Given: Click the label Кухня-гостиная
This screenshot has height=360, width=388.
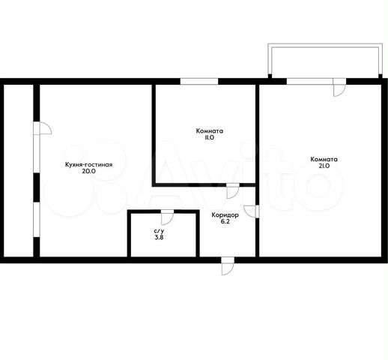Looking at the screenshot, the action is click(x=88, y=165).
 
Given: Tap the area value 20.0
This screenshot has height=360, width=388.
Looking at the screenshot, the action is click(x=88, y=171).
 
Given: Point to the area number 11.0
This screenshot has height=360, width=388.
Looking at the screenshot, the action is click(x=210, y=137).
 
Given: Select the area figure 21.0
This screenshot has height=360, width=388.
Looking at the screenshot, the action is click(x=324, y=166).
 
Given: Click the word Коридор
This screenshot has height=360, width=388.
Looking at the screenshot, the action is click(x=225, y=215).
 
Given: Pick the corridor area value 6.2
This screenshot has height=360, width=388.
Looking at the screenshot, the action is click(x=225, y=222).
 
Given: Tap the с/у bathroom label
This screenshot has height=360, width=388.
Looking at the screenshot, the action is click(x=159, y=231).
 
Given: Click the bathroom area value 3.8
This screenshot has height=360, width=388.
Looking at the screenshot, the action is click(x=159, y=238).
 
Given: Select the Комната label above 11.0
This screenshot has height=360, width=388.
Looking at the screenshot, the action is click(x=210, y=130).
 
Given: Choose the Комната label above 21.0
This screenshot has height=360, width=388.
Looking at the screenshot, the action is click(x=324, y=159).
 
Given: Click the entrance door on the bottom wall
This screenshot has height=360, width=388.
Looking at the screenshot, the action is click(x=228, y=266).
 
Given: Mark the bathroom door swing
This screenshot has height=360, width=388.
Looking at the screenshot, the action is click(x=167, y=217).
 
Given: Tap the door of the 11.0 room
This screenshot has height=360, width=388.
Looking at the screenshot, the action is click(x=233, y=191).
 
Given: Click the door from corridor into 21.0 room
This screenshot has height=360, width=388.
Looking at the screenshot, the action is click(x=252, y=211).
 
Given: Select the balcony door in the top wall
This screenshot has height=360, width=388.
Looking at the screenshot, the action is click(x=340, y=87).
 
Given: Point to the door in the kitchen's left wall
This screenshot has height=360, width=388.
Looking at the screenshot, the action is click(x=43, y=128).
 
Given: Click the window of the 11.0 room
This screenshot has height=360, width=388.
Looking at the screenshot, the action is click(x=199, y=82).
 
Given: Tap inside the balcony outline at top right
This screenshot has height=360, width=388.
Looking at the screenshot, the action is click(x=325, y=61).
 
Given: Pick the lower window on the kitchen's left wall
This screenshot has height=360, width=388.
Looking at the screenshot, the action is click(x=37, y=220).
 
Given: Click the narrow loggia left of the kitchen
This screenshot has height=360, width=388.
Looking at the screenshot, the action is click(x=19, y=170).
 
